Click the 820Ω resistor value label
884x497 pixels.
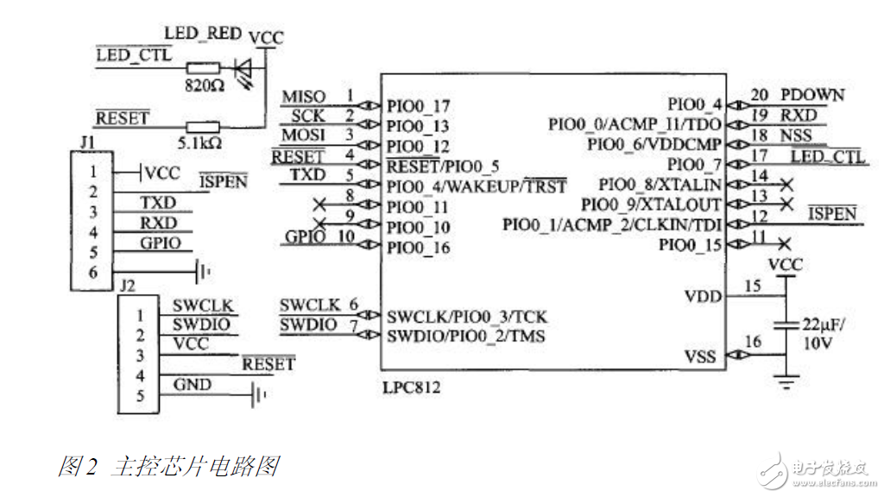(x=205, y=85)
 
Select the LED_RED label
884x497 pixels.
(x=202, y=34)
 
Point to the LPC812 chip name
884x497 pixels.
(x=412, y=387)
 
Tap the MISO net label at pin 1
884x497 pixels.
(x=304, y=96)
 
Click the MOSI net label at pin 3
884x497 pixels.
(x=304, y=135)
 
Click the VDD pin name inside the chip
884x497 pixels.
(x=702, y=296)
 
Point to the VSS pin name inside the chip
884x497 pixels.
(x=702, y=355)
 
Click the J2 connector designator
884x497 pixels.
(x=128, y=284)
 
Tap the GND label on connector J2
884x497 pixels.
(x=192, y=385)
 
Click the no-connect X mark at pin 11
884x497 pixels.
(x=784, y=244)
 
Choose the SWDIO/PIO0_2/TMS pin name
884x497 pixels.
(x=466, y=335)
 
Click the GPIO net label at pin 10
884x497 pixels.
(x=303, y=237)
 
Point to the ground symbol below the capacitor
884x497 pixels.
(x=785, y=382)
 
